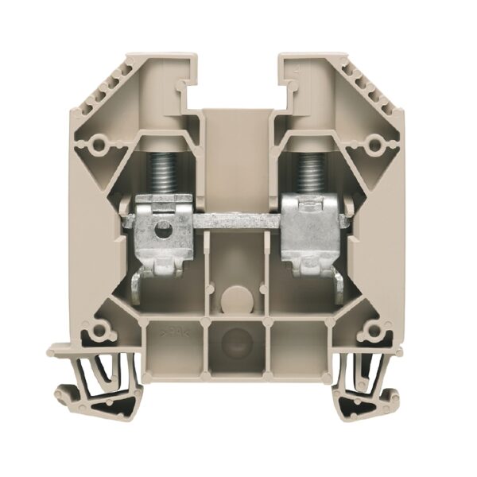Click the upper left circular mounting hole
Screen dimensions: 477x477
coord(99,144)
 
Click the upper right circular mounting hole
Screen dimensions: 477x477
coord(376,144)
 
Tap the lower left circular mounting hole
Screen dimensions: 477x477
coord(99,329)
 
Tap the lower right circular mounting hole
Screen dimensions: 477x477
coord(375,329)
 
